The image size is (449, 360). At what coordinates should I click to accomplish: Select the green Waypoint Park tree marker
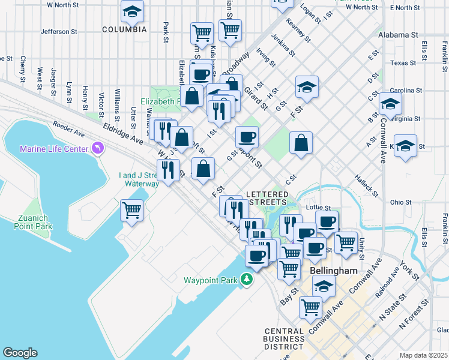[246, 279]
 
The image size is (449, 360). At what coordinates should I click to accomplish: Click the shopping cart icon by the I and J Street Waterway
[131, 211]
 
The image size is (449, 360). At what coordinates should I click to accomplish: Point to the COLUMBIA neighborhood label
[124, 29]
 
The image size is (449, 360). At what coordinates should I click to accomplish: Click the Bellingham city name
[334, 271]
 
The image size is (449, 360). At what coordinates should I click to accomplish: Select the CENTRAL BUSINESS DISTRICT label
[283, 339]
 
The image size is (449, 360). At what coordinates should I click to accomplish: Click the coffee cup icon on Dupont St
[246, 137]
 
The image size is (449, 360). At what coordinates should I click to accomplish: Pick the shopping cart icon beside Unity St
[346, 242]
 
